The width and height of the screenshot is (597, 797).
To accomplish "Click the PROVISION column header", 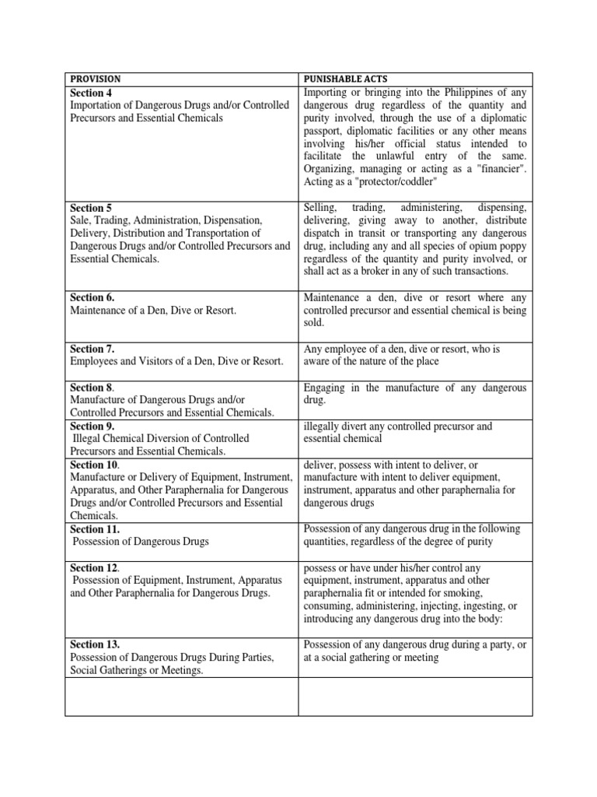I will click(96, 79).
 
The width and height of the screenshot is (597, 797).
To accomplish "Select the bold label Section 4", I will click(92, 92).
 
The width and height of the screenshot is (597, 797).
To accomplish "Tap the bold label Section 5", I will click(92, 208).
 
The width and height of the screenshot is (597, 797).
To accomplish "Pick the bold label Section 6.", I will click(93, 297).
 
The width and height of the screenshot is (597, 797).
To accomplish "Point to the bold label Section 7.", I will click(93, 349).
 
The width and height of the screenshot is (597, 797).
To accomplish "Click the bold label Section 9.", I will click(93, 426).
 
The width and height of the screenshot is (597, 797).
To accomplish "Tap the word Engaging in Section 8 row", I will click(327, 387).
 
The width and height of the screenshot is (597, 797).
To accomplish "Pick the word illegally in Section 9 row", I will click(323, 426).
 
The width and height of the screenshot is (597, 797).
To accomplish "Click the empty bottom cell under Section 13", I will click(183, 696).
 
